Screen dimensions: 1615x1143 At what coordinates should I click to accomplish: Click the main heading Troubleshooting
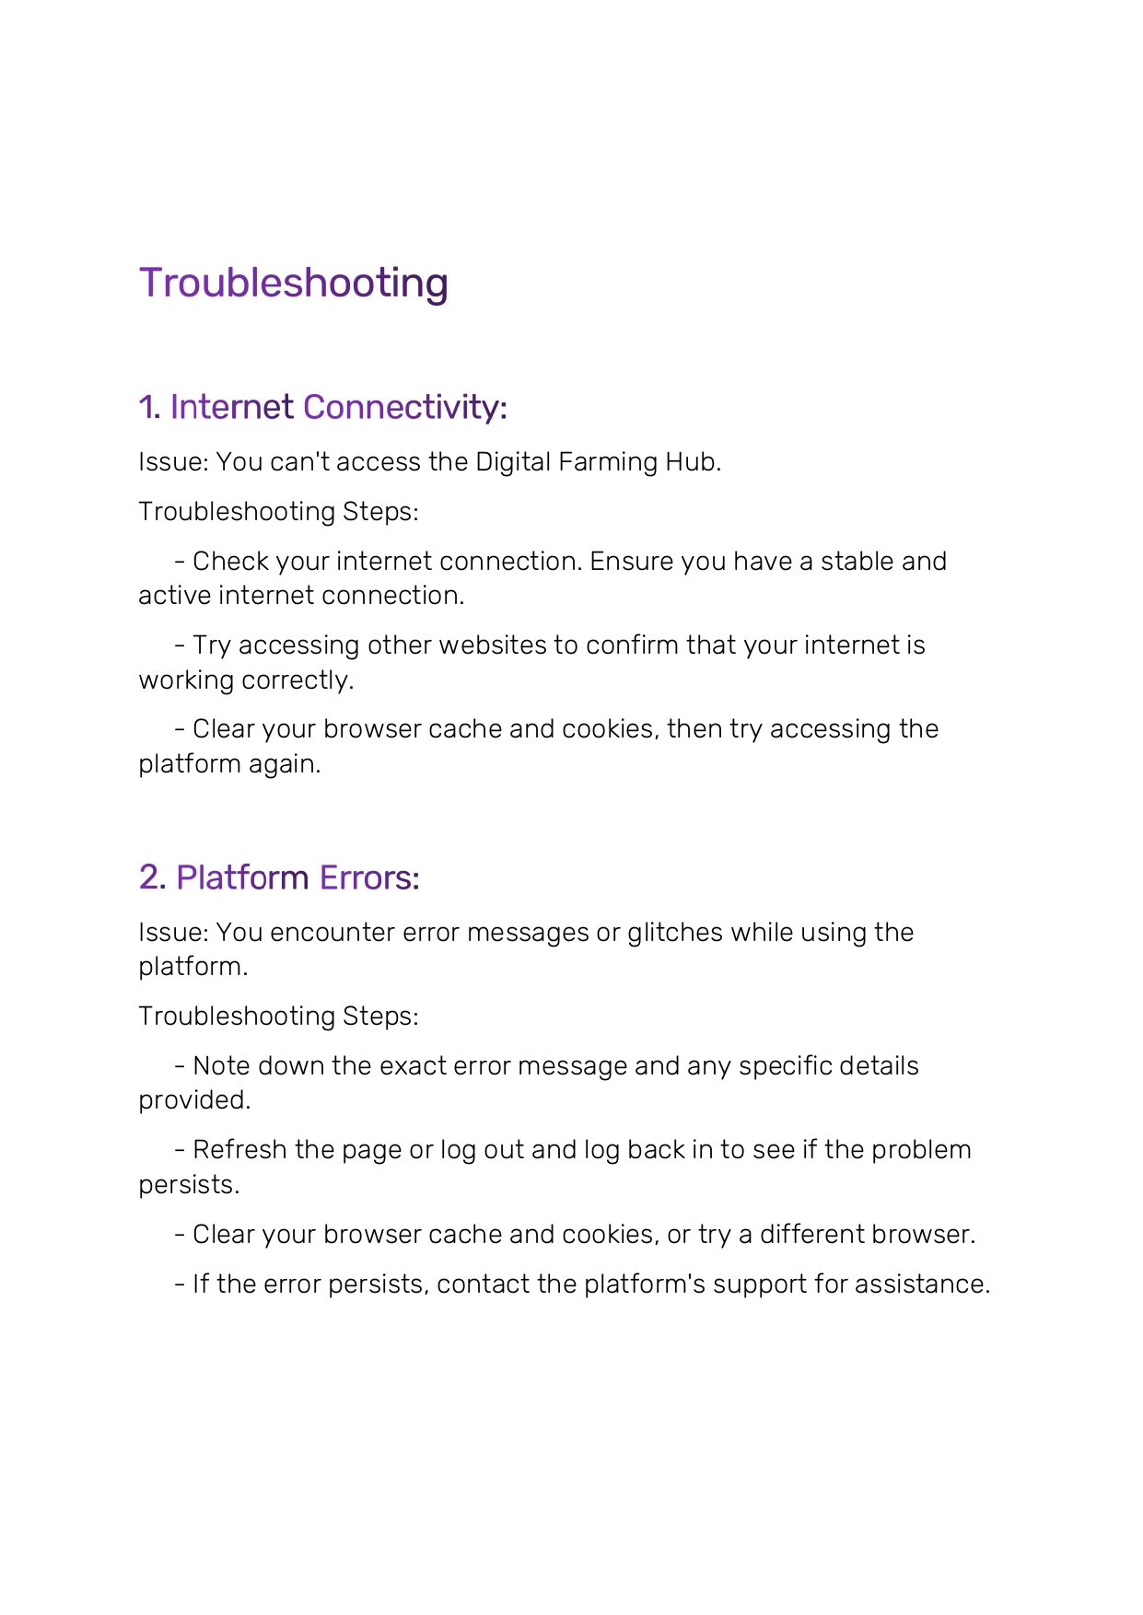point(293,284)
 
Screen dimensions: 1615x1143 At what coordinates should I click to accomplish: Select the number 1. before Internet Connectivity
point(149,407)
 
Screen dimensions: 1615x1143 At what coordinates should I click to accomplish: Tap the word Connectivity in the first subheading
point(404,407)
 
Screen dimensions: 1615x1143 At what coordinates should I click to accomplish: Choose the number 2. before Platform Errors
point(152,877)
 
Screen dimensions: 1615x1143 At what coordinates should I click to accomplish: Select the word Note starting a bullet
point(221,1066)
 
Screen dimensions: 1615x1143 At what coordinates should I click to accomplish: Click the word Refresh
point(239,1150)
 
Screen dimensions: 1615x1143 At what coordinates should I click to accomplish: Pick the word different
point(811,1235)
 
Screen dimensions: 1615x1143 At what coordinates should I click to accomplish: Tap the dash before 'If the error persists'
point(180,1284)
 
